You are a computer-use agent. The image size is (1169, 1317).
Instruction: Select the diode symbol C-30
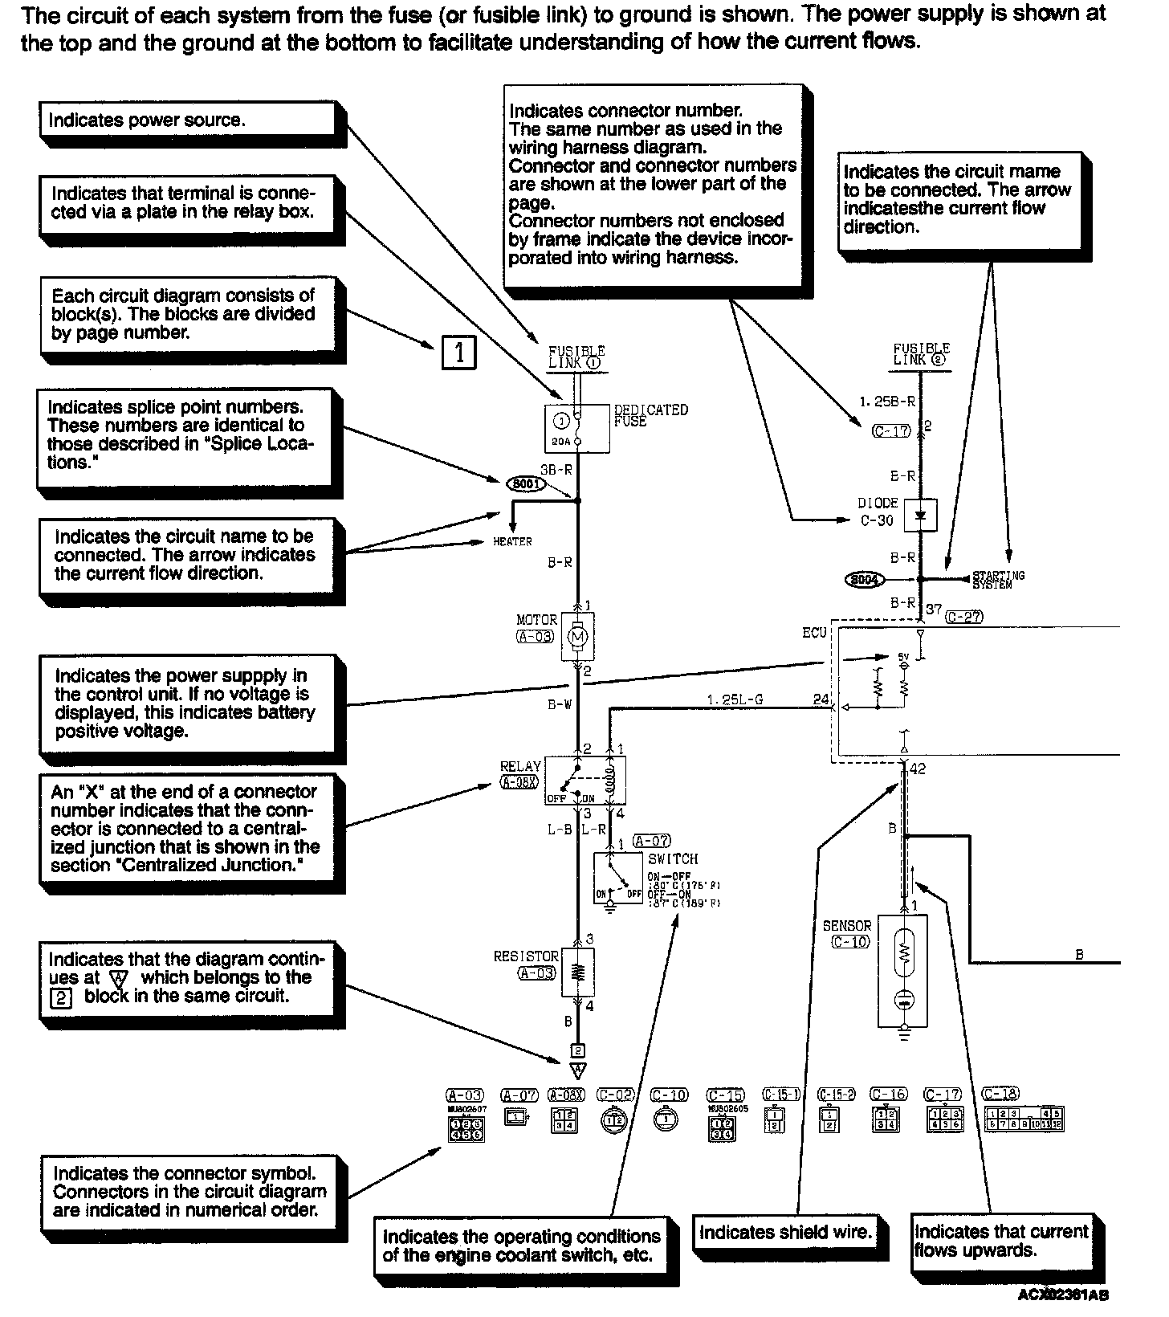coord(920,515)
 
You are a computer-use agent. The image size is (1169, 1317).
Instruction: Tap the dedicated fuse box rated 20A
coord(576,429)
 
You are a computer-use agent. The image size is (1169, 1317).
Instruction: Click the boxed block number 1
coord(459,353)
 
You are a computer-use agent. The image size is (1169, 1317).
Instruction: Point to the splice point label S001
coord(526,484)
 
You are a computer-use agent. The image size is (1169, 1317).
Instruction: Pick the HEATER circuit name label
coord(512,542)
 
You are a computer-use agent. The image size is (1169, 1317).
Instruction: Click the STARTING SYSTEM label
coord(998,579)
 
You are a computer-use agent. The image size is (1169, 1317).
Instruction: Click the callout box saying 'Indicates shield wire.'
coord(785,1233)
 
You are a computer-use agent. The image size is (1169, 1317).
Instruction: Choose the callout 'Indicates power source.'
coord(187,120)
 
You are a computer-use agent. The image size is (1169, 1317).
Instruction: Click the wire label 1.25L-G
coord(735,699)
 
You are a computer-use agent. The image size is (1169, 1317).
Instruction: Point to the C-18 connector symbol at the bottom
coord(1024,1119)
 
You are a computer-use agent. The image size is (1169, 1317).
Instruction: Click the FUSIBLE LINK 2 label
coord(921,354)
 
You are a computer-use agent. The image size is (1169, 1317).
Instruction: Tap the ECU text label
coord(814,633)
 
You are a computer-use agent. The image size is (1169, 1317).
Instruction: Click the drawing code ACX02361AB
coord(1063,1295)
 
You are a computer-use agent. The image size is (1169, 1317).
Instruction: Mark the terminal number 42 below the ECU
coord(918,769)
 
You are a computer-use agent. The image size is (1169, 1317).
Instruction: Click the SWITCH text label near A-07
coord(673,858)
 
